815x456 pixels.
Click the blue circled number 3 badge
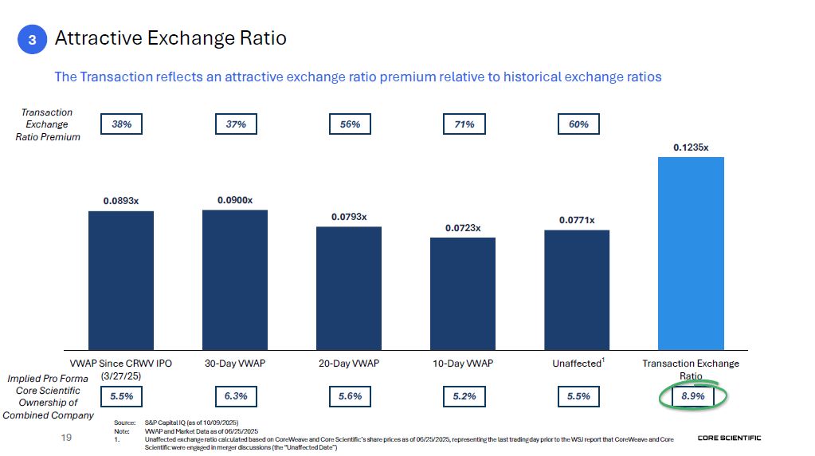coord(32,39)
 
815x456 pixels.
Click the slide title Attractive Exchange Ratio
coord(170,38)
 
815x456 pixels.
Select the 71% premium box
coord(464,124)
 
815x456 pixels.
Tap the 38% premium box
coord(121,124)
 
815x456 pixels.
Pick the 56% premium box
coord(350,124)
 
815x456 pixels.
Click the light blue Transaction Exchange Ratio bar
coord(691,253)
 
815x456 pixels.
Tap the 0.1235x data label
coord(691,147)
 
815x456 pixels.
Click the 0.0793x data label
coord(349,217)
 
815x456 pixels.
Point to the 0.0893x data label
coord(120,201)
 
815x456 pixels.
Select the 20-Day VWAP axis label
coord(349,364)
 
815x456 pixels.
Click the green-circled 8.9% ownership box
coord(693,396)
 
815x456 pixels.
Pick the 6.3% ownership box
coord(235,396)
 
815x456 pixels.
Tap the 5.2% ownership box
coord(464,396)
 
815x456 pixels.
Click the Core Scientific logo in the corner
coord(729,438)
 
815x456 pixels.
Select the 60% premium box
coord(578,124)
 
